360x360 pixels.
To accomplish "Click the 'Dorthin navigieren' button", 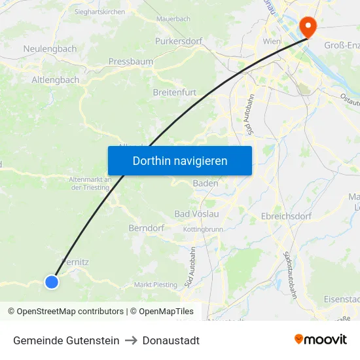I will tap(180, 161).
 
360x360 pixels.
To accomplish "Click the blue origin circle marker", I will tap(52, 282).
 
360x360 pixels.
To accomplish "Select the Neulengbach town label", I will tap(50, 49).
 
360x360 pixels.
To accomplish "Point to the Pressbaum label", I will tap(130, 62).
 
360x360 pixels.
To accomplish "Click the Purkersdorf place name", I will tap(179, 41).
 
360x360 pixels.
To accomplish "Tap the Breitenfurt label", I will tap(174, 92).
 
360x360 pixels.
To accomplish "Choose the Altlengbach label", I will tap(56, 80).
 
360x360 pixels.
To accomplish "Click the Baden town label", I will tap(206, 184).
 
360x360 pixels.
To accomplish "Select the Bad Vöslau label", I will tap(196, 214).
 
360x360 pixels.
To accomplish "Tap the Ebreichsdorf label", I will tap(285, 215).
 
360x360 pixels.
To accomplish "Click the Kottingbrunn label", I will tap(204, 230).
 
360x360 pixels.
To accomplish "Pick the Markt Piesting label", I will tap(155, 285).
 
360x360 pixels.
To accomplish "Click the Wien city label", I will tap(271, 41).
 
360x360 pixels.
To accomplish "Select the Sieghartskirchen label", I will tap(99, 12).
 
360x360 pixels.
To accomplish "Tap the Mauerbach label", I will tap(173, 19).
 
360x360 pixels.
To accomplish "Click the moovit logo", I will tap(321, 340).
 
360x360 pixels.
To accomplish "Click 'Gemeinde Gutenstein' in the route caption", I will tap(66, 340).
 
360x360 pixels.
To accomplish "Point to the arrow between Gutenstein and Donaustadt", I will tap(131, 340).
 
